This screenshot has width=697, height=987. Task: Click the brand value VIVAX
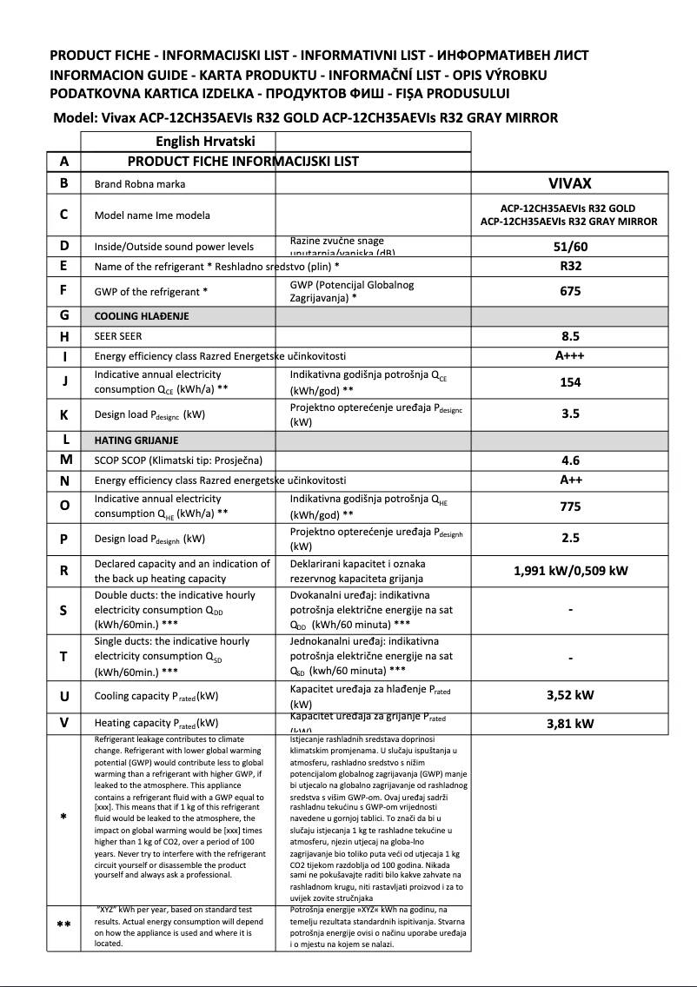point(570,183)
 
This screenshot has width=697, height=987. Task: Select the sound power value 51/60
point(570,247)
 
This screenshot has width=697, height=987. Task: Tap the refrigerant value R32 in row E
point(570,266)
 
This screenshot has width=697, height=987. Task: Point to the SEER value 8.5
point(570,335)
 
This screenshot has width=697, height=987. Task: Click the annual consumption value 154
point(570,382)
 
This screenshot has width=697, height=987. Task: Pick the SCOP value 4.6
point(570,460)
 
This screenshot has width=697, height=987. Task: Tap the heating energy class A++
point(570,480)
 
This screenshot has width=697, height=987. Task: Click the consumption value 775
point(570,507)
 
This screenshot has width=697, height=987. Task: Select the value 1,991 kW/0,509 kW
point(570,571)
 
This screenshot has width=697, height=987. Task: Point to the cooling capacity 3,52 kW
point(570,695)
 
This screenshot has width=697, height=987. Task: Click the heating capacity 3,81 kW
point(570,723)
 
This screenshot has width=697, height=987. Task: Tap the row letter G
point(64,315)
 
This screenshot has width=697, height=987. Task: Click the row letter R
point(64,571)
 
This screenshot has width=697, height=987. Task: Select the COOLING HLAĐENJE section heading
point(141,316)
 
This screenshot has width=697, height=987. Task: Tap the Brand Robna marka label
point(139,184)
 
